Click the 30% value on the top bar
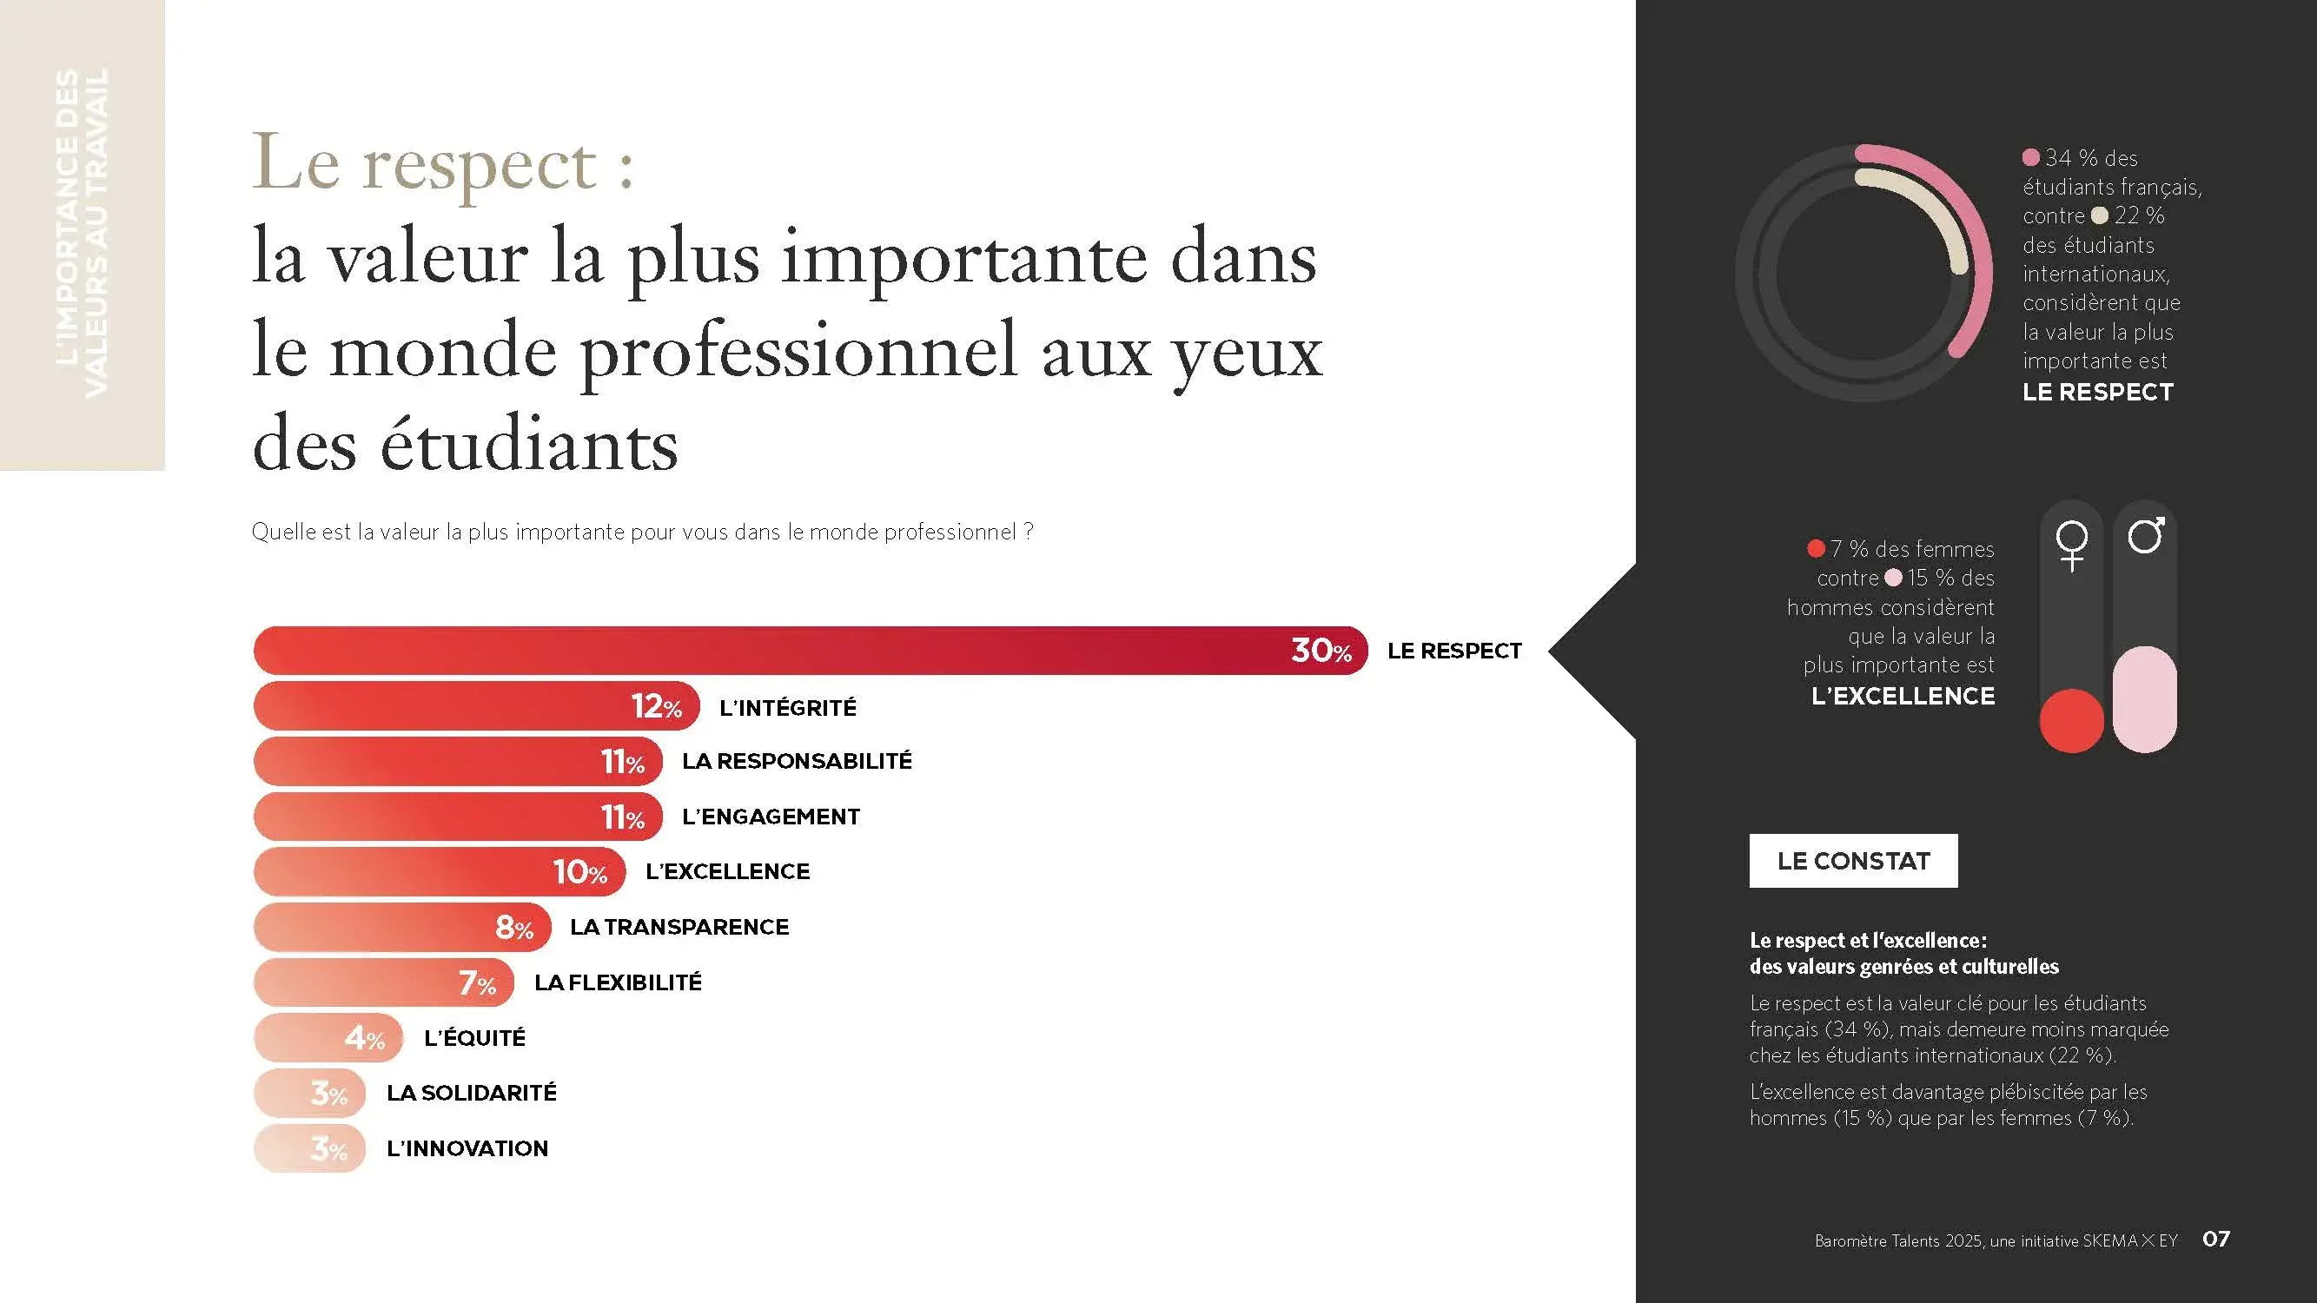tap(1321, 650)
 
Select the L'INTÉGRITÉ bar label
tap(787, 708)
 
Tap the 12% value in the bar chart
tap(656, 707)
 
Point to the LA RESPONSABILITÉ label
tap(796, 761)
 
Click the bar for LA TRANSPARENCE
tap(401, 927)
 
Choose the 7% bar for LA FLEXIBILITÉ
tap(383, 982)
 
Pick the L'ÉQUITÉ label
tap(474, 1038)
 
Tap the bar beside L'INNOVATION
tap(309, 1148)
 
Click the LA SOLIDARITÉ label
tap(472, 1093)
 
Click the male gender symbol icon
tap(2145, 536)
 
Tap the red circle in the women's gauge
tap(2071, 720)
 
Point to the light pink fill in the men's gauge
tap(2144, 698)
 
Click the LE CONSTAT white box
tap(1853, 861)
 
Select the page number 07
tap(2215, 1240)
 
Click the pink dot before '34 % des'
tap(2030, 157)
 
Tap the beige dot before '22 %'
tap(2099, 215)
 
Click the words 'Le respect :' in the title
tap(442, 163)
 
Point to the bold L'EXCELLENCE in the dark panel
tap(1903, 696)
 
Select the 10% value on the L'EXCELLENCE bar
tap(579, 871)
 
